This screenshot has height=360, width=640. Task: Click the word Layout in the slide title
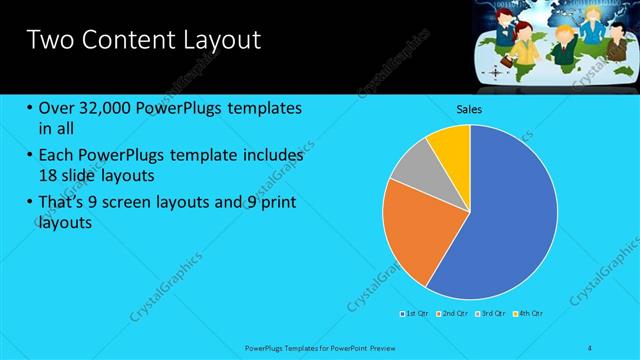[x=219, y=40]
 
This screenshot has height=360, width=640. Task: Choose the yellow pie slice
[x=451, y=145]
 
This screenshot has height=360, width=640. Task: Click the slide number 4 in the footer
[x=589, y=346]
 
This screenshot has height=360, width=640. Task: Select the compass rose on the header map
[x=496, y=72]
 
